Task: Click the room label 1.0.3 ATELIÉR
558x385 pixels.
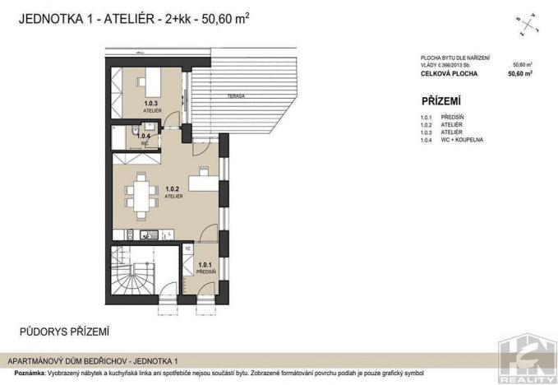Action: pos(151,105)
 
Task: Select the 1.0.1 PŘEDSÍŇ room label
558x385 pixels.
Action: pos(206,267)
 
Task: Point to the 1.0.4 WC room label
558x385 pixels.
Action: pos(144,138)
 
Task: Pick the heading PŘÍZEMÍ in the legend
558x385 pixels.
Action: pos(441,102)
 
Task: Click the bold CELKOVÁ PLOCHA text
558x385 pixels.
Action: pos(447,73)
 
